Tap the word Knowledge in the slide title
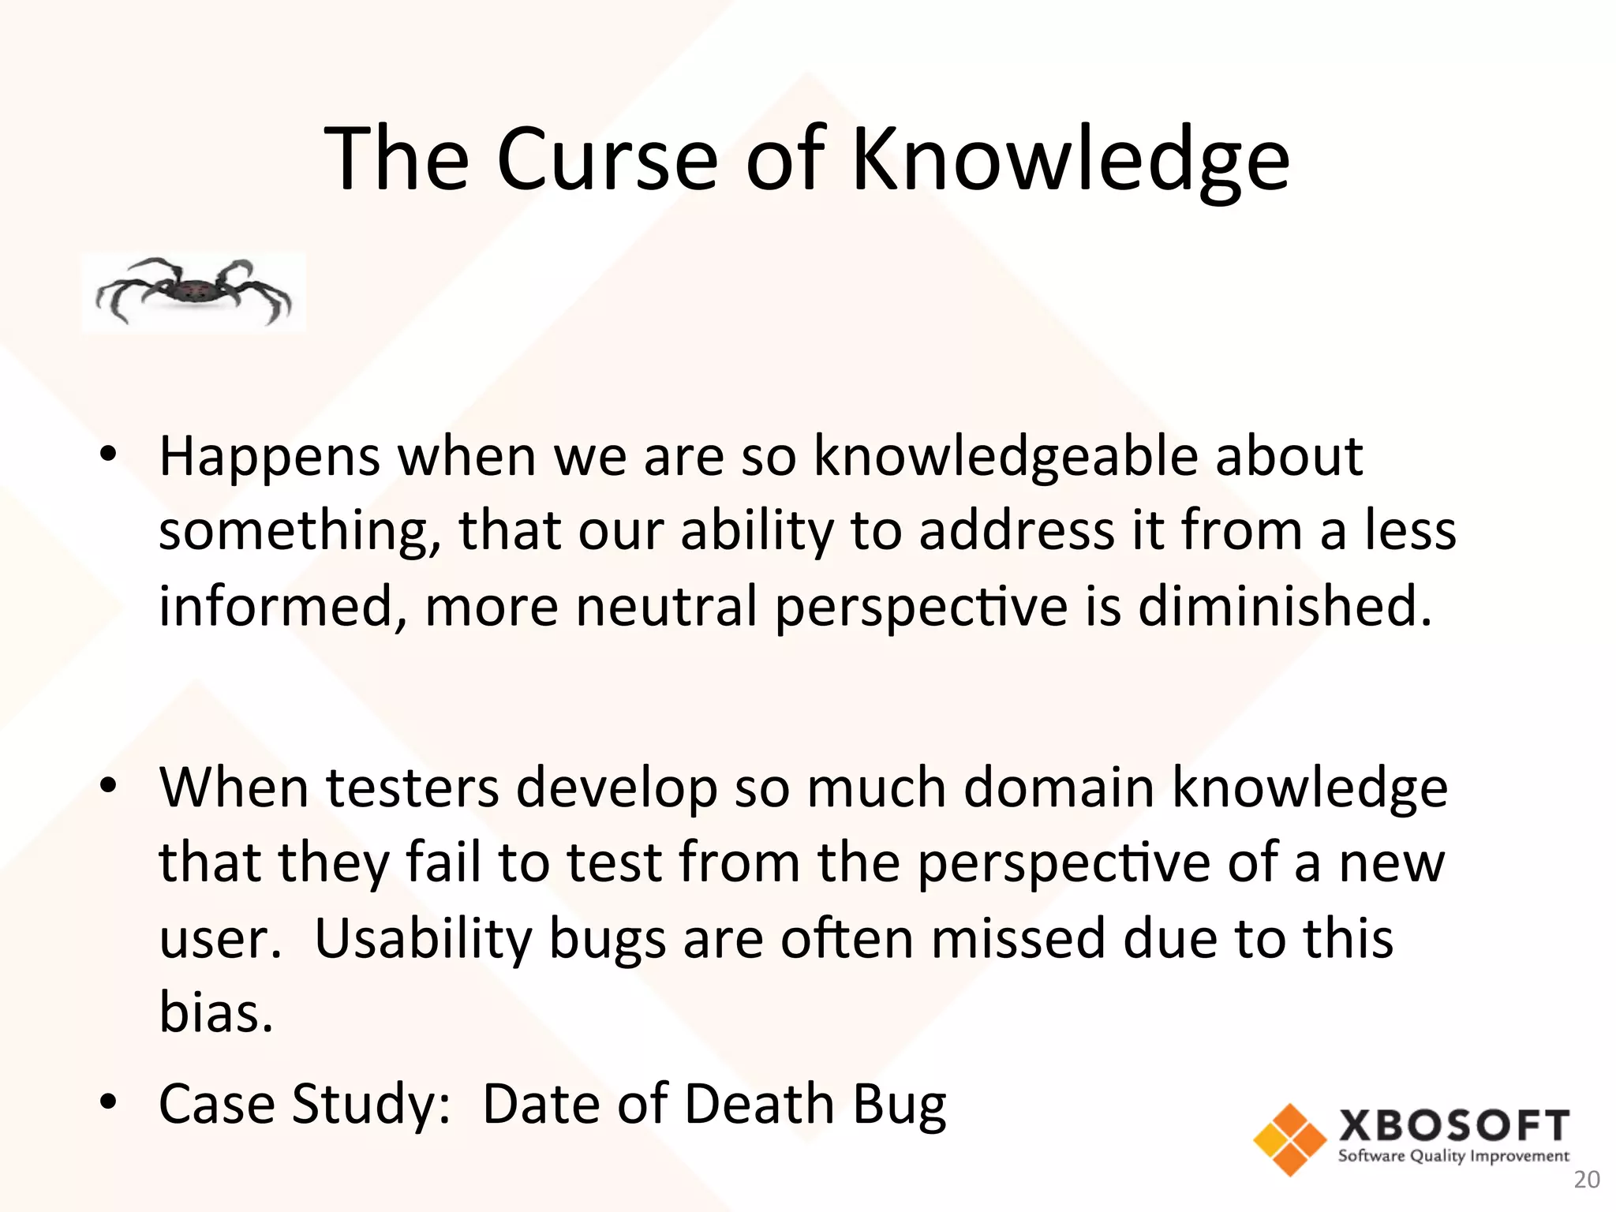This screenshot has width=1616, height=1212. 1071,161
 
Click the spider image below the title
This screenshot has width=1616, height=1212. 193,291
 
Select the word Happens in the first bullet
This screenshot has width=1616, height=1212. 269,458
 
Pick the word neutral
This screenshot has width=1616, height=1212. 666,606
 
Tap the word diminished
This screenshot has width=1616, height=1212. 1284,606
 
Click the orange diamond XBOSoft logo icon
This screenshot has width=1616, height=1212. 1289,1139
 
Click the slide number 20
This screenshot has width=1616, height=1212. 1587,1180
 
